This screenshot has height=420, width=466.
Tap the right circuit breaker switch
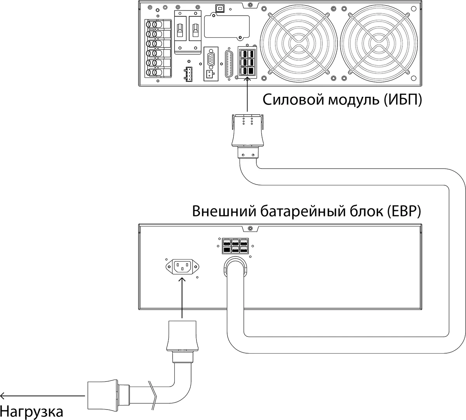tap(195, 29)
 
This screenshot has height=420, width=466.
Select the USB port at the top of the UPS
tap(221, 7)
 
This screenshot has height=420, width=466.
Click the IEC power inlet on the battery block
tap(182, 267)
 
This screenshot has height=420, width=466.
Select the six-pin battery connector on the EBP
tap(235, 246)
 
